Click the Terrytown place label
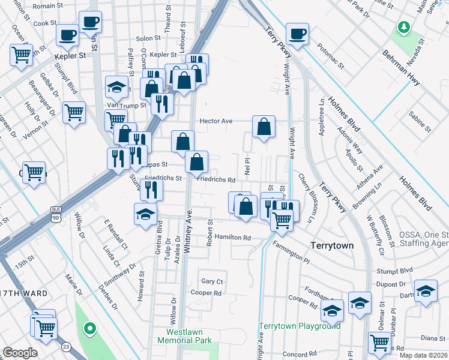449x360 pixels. tap(331, 246)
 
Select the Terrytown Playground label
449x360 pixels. tap(300, 326)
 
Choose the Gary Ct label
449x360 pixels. tap(212, 281)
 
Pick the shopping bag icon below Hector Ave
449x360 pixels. tap(264, 127)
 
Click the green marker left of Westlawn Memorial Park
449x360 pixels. tap(89, 328)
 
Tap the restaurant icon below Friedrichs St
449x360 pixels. tap(150, 189)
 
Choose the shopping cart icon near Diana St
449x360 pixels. tap(379, 343)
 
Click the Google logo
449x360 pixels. tap(20, 353)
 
